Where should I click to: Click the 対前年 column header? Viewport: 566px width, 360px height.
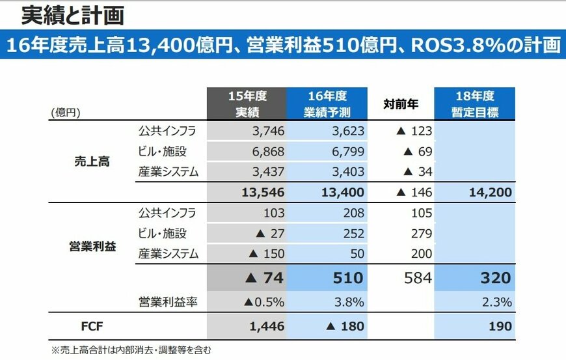(401, 103)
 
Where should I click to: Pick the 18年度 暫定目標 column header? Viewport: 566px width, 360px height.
(475, 104)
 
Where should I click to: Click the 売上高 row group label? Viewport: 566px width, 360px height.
(91, 161)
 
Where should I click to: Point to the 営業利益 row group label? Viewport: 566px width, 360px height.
(91, 247)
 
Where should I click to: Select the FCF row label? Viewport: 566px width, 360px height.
(91, 326)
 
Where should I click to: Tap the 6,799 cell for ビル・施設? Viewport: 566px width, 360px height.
(347, 152)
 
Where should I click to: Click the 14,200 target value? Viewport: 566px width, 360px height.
(489, 192)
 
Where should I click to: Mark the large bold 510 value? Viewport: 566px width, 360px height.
(348, 278)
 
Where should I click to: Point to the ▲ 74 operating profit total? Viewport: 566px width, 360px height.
(264, 278)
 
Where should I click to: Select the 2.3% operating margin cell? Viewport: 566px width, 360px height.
(497, 302)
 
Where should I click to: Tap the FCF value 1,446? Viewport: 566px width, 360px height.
(266, 326)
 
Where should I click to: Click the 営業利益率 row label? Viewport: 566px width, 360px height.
(167, 302)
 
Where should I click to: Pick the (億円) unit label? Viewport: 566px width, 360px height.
(66, 113)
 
